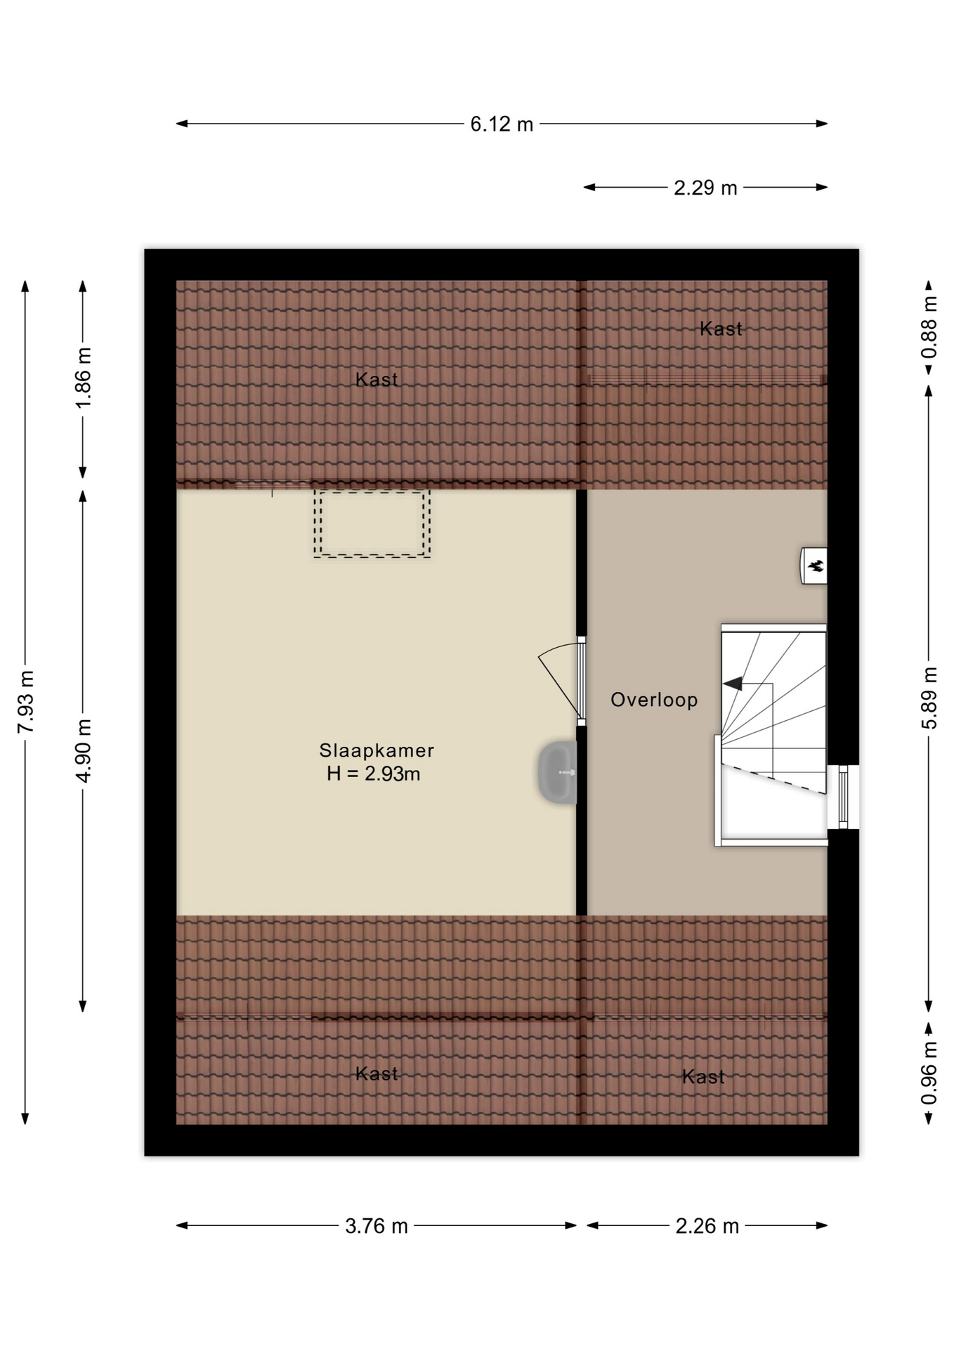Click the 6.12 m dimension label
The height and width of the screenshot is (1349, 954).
click(x=502, y=124)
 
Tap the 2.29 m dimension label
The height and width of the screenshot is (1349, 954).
click(x=705, y=188)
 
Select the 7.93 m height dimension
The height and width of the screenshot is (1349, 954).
click(x=26, y=701)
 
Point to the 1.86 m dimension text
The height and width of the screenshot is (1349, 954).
click(x=84, y=377)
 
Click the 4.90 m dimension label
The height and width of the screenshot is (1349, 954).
click(x=84, y=750)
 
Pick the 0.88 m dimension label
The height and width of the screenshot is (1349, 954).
click(x=929, y=327)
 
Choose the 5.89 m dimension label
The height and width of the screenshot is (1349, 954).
click(x=929, y=698)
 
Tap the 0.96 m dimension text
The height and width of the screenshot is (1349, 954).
click(x=929, y=1072)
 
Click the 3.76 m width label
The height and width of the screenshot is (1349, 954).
click(x=377, y=1226)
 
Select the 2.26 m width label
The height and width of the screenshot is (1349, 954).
click(x=707, y=1226)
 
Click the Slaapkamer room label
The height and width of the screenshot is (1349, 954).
click(x=377, y=750)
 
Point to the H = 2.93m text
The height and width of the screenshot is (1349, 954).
click(x=374, y=774)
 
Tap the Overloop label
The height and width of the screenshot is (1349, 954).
click(x=654, y=700)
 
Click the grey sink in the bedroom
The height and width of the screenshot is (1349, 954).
click(x=558, y=772)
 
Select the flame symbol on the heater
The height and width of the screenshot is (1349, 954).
click(x=816, y=566)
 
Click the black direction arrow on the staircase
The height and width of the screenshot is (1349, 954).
click(x=732, y=683)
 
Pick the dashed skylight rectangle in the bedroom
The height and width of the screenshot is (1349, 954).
click(x=372, y=524)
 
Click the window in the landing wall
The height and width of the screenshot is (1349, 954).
click(x=843, y=797)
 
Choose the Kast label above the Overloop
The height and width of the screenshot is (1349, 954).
click(x=721, y=329)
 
